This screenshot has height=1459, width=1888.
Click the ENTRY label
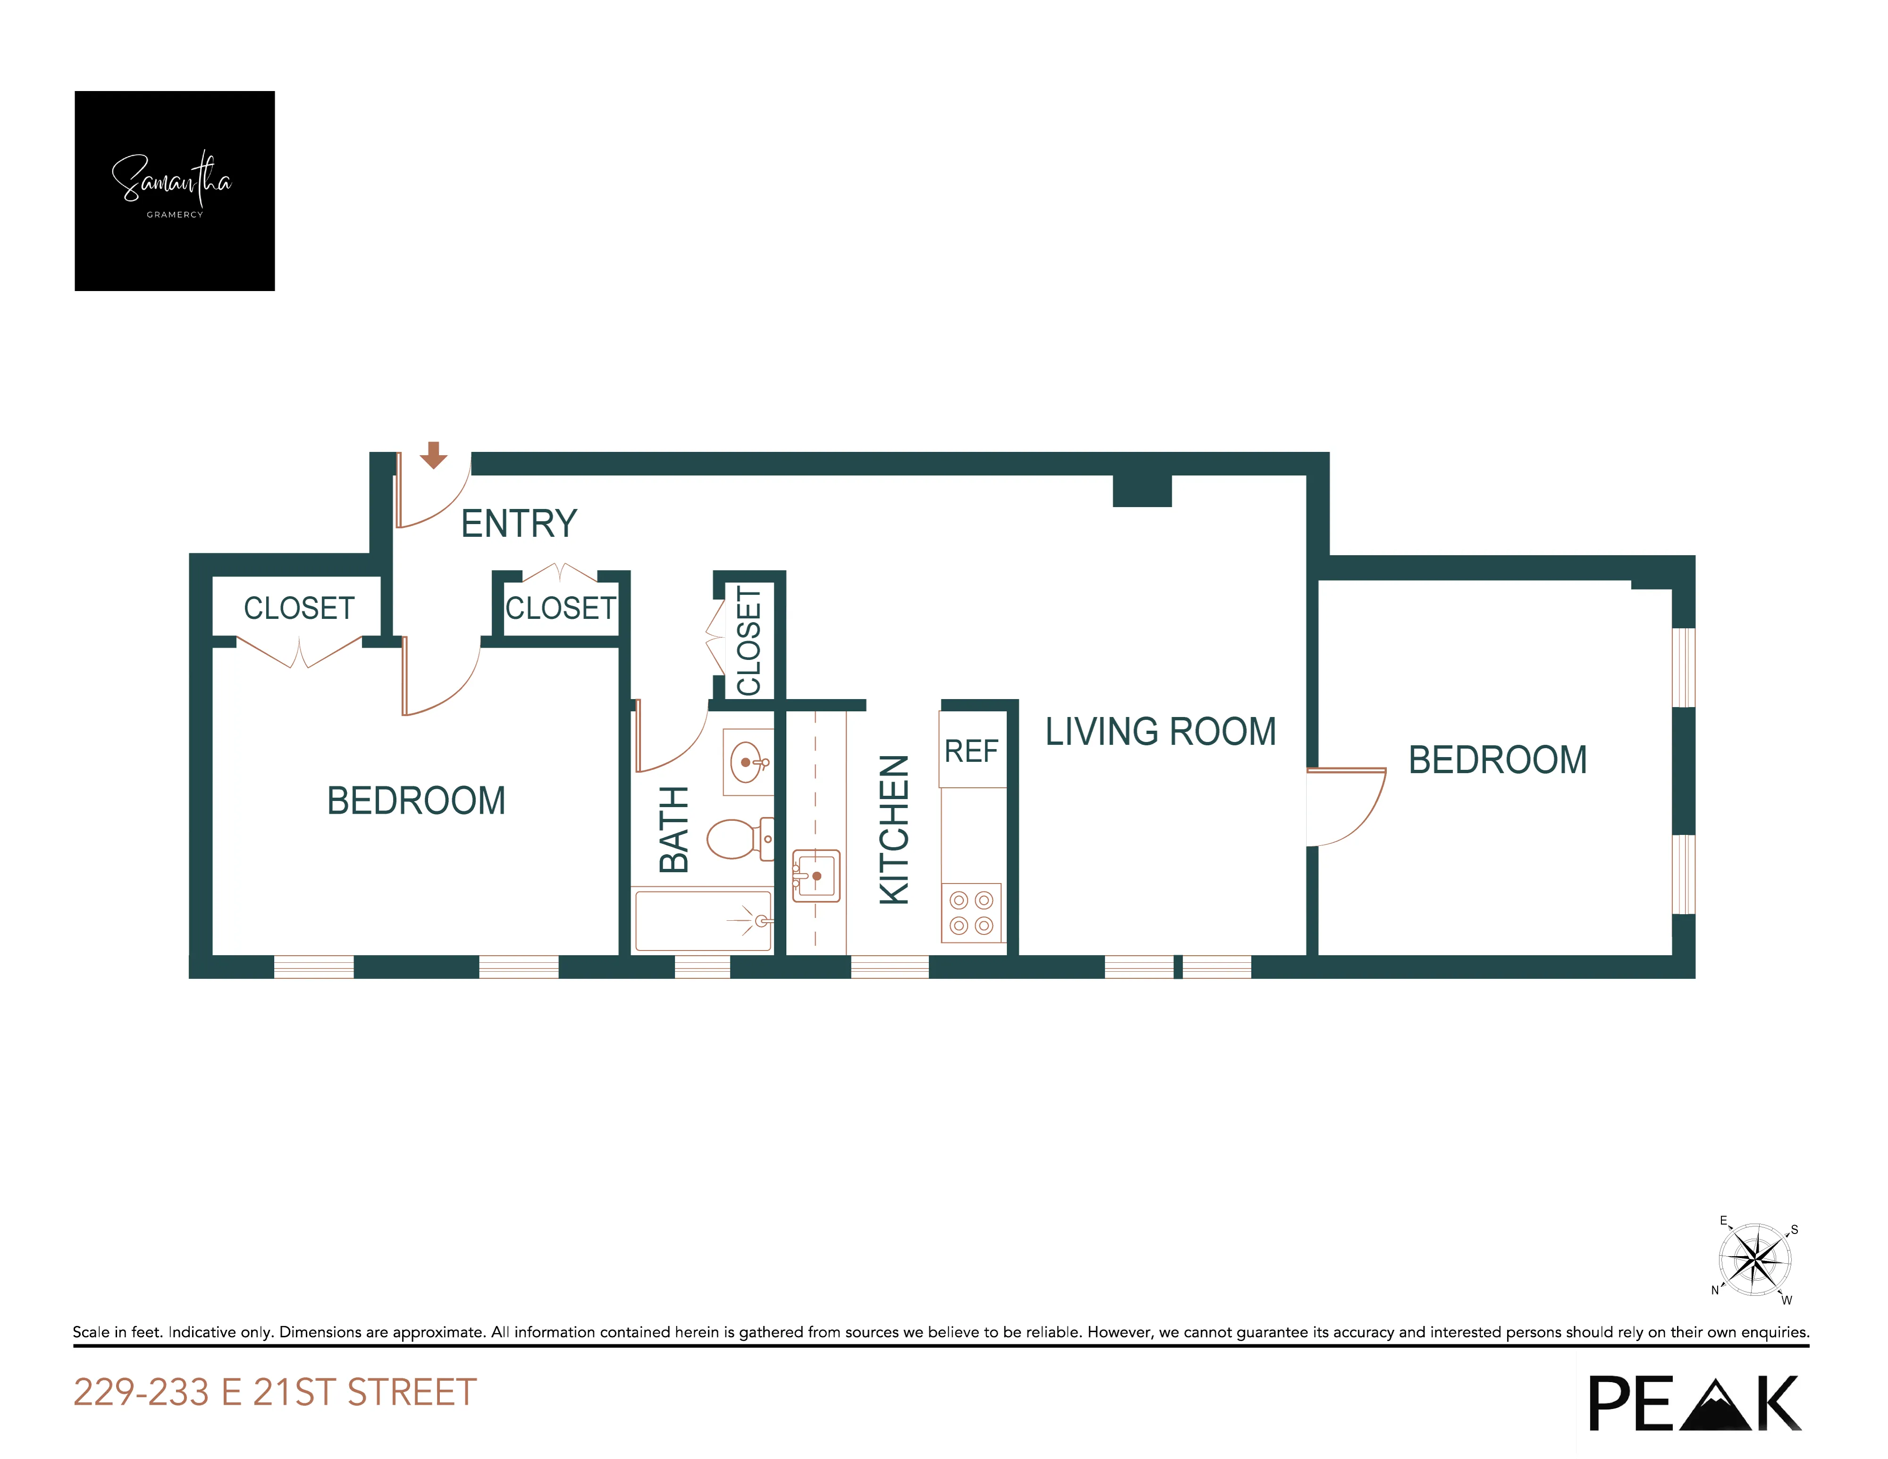[x=519, y=524]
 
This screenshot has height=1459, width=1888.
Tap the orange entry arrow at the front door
[x=433, y=455]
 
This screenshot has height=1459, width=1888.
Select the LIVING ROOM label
[x=1160, y=731]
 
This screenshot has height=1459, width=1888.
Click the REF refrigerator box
[x=972, y=750]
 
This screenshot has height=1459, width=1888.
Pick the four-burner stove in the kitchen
[x=971, y=913]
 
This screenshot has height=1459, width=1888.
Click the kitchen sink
[x=816, y=875]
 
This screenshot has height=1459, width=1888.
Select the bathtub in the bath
[x=703, y=920]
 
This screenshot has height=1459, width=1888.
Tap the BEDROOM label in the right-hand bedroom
[x=1497, y=760]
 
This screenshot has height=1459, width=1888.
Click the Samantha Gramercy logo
[x=175, y=190]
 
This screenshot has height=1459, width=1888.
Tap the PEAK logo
[x=1695, y=1404]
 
